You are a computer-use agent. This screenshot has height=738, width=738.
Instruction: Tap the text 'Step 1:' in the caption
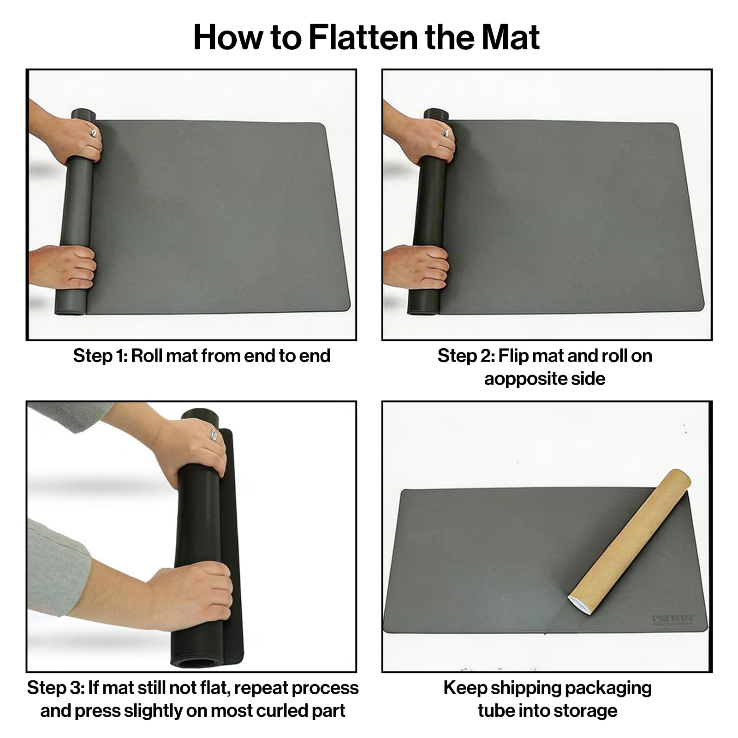pos(100,356)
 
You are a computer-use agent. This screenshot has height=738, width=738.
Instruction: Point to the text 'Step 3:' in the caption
pos(55,688)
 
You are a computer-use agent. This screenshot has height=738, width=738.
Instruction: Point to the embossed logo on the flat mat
pos(673,619)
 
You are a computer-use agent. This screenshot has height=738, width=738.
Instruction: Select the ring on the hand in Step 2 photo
pos(446,133)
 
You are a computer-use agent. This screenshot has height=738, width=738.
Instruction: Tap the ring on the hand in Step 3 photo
pos(213,435)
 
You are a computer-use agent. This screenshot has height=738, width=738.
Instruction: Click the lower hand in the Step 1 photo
pos(65,267)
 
